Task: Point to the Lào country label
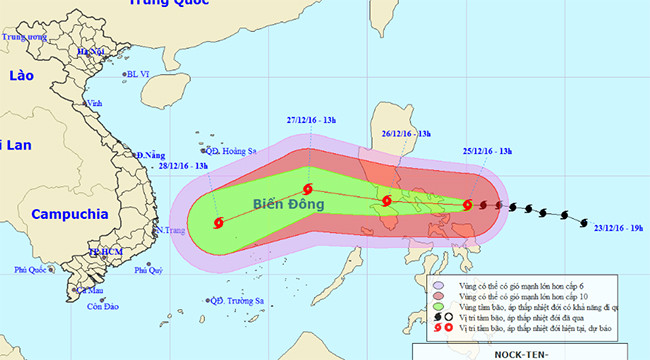[x=21, y=76]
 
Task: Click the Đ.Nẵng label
[x=149, y=155]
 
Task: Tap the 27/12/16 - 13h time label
[x=312, y=121]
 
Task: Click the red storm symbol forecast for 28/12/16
[x=219, y=223]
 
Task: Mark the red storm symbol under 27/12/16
[x=307, y=190]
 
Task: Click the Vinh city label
[x=96, y=103]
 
